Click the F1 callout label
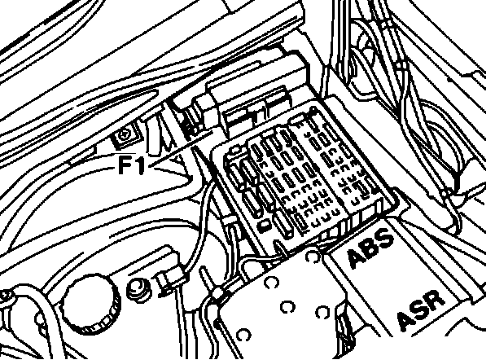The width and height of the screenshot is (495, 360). pos(134,166)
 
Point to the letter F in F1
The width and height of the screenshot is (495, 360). pos(128,166)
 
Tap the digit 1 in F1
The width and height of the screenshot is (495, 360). pos(142,166)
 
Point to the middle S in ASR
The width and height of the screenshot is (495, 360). pos(421,310)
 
